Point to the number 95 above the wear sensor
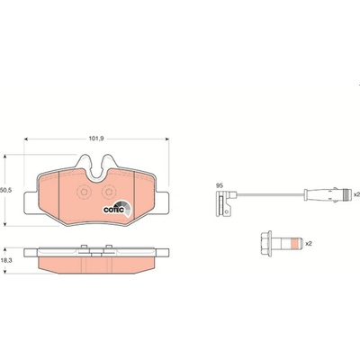click(220, 185)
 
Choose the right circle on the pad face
click(109, 193)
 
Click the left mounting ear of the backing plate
click(31, 202)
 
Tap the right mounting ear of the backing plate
click(162, 202)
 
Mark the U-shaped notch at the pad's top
click(96, 168)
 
